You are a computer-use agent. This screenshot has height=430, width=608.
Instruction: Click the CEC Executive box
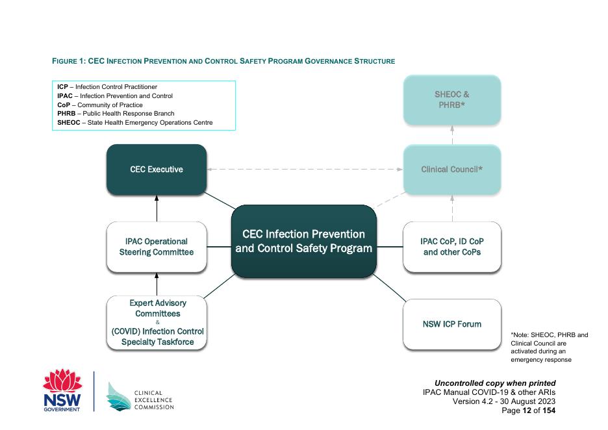click(156, 170)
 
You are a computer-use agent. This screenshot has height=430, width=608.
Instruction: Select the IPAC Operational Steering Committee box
click(156, 247)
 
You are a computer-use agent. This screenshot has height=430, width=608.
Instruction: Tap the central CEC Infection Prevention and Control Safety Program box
click(303, 241)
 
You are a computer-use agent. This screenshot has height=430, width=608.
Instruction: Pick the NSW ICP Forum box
click(452, 324)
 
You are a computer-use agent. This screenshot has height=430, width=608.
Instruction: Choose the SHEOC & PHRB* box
click(452, 99)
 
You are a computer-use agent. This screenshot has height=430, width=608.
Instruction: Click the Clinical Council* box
click(452, 170)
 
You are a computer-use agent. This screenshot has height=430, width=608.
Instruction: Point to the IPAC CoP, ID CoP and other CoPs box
click(452, 247)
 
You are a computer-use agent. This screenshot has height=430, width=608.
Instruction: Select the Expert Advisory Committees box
click(157, 323)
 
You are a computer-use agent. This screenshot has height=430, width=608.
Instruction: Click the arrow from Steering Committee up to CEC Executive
click(156, 209)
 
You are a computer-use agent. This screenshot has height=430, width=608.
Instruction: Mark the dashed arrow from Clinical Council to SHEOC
click(452, 134)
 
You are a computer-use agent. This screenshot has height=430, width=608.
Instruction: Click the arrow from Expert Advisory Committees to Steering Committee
click(156, 284)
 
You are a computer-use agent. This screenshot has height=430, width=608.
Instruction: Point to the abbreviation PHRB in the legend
click(68, 114)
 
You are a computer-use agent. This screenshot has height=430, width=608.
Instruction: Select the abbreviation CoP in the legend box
click(64, 105)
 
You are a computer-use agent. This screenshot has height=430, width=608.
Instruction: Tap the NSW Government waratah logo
click(63, 390)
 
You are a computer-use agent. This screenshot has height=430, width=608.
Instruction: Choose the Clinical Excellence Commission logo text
click(153, 399)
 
